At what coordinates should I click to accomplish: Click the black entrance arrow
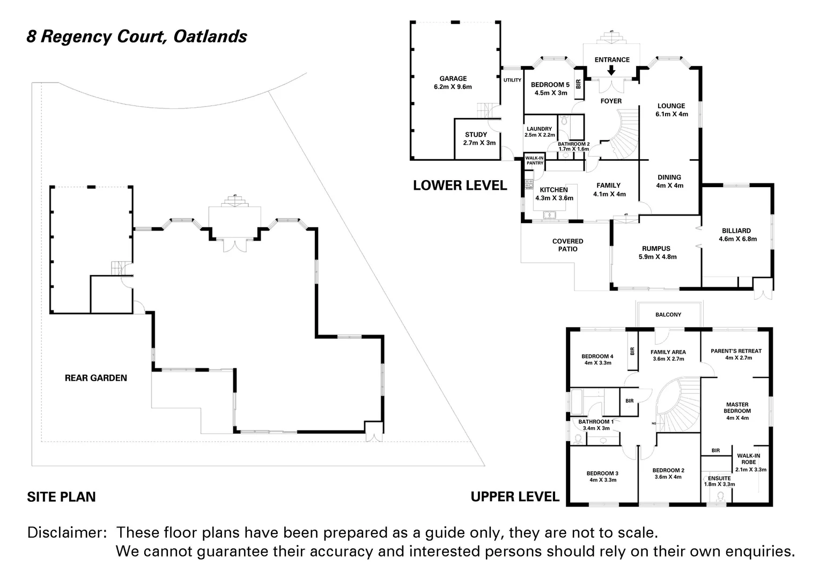click(x=611, y=70)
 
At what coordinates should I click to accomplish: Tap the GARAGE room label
click(x=453, y=79)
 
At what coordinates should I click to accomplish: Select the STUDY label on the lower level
click(x=476, y=135)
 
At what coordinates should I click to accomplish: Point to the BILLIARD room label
click(x=736, y=231)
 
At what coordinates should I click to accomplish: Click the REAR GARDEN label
click(x=96, y=378)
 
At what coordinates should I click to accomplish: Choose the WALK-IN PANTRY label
click(x=535, y=160)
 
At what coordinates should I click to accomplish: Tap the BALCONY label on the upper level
click(x=668, y=314)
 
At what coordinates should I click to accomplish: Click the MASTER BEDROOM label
click(x=737, y=407)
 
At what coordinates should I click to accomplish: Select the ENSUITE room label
click(x=719, y=478)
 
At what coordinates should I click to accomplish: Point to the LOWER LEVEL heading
click(x=460, y=185)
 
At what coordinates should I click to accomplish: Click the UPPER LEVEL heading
click(x=515, y=496)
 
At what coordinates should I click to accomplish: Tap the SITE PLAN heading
click(x=62, y=497)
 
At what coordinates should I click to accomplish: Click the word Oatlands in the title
click(x=210, y=36)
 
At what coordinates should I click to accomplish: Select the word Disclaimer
click(x=67, y=532)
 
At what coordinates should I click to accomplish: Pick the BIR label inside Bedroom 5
click(x=578, y=85)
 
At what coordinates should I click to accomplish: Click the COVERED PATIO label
click(x=568, y=245)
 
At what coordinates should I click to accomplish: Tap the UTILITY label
click(x=512, y=80)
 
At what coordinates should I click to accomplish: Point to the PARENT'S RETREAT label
click(x=736, y=351)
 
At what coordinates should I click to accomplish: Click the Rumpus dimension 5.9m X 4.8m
click(x=658, y=257)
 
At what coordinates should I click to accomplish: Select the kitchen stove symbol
click(x=529, y=184)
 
